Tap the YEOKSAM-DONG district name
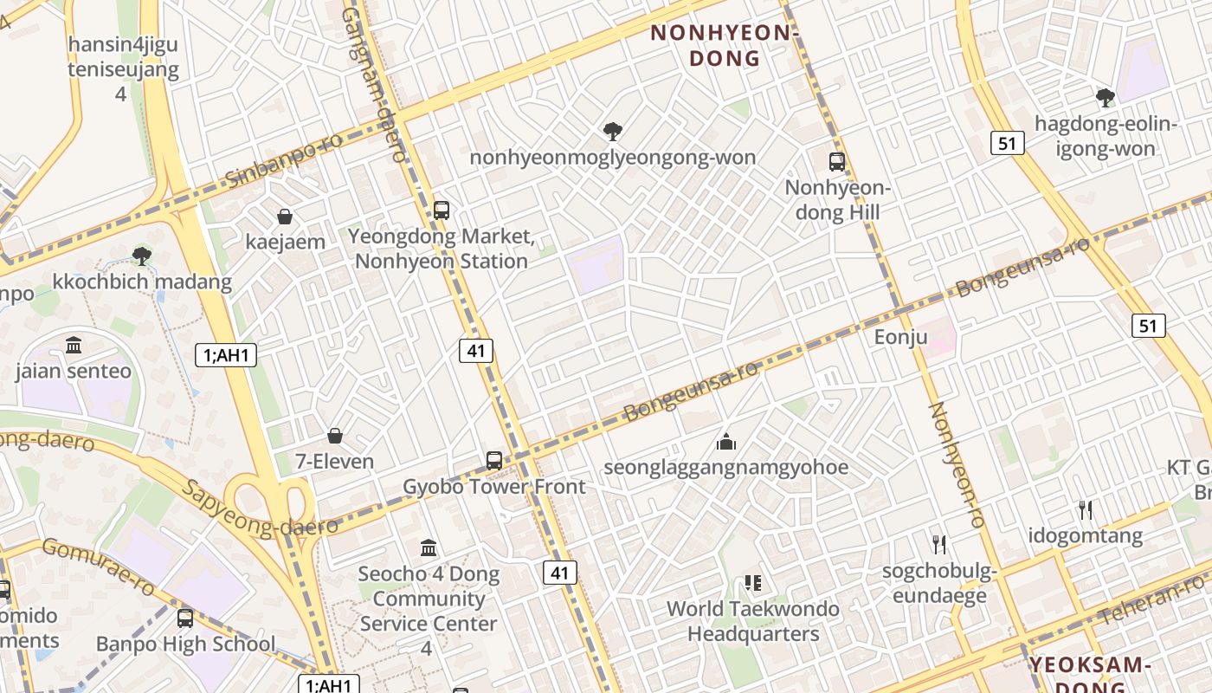pos(1089,674)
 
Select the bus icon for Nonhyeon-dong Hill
pos(836,161)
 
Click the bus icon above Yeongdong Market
pos(441,210)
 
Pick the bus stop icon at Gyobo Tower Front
pos(493,460)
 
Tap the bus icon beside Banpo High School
pos(185,618)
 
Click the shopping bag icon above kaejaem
pos(284,216)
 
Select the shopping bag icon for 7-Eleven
pos(334,436)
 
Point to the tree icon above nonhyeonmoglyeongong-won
pos(612,132)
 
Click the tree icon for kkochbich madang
pos(141,256)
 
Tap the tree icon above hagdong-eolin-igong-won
pos(1105,97)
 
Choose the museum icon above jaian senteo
pos(74,346)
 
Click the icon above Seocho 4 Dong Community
pos(429,547)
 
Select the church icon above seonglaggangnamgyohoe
pos(725,442)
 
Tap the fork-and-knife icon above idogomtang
pos(1086,509)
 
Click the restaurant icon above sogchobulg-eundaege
pos(939,544)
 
